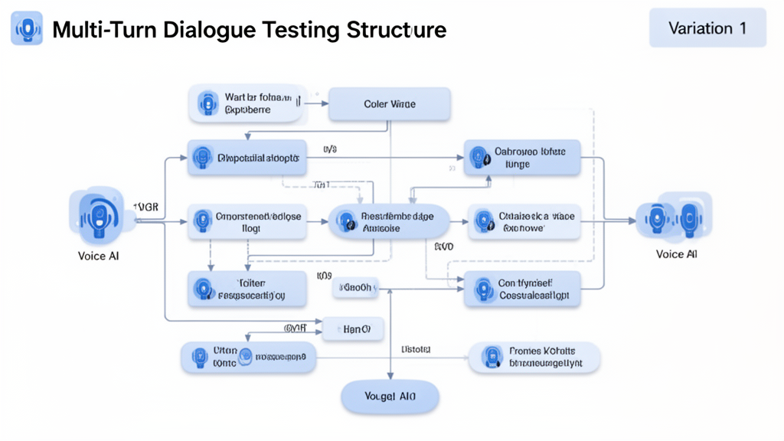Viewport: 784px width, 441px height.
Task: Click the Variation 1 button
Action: pos(707,28)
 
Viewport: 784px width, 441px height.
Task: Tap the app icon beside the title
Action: pos(27,28)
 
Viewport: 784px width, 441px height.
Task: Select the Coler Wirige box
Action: pos(390,104)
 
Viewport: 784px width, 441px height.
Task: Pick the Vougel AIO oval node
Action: pos(390,397)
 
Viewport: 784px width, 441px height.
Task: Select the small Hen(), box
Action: pos(353,329)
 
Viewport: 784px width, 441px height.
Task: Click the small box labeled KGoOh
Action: pos(356,289)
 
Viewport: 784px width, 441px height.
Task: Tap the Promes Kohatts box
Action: pos(534,358)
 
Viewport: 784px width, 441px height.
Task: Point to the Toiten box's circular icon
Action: pos(203,289)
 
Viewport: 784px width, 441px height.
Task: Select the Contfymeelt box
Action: pos(522,289)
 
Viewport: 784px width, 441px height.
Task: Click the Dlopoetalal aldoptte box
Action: pos(247,158)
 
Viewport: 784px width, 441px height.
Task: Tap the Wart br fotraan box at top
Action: pos(243,104)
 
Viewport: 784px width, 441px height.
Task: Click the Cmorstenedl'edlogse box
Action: pos(247,222)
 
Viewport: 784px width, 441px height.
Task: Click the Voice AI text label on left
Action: pos(99,256)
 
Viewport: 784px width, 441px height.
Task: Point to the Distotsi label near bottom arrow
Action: pos(416,349)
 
